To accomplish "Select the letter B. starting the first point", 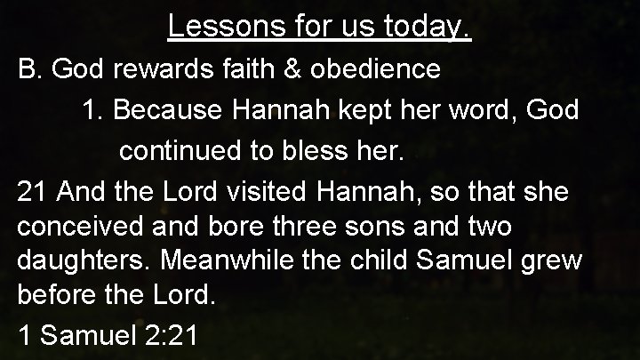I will [31, 70].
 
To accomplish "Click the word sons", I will [354, 227].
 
